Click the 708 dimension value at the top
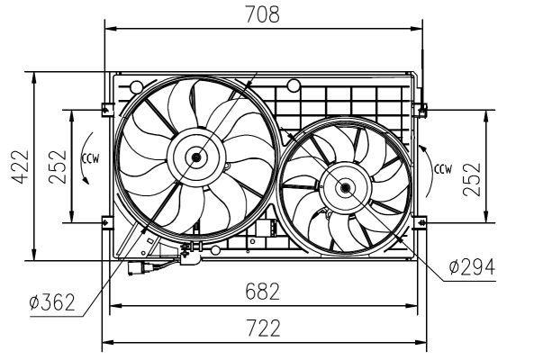pos(262,14)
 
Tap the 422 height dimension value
pos(20,166)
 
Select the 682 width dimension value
pos(262,292)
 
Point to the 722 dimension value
pos(263,328)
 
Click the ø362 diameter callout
pos(52,301)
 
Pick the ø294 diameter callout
pos(472,266)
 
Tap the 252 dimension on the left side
pos(58,166)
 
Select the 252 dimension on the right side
pos(472,180)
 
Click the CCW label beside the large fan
pos(90,158)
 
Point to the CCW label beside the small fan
pos(443,169)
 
